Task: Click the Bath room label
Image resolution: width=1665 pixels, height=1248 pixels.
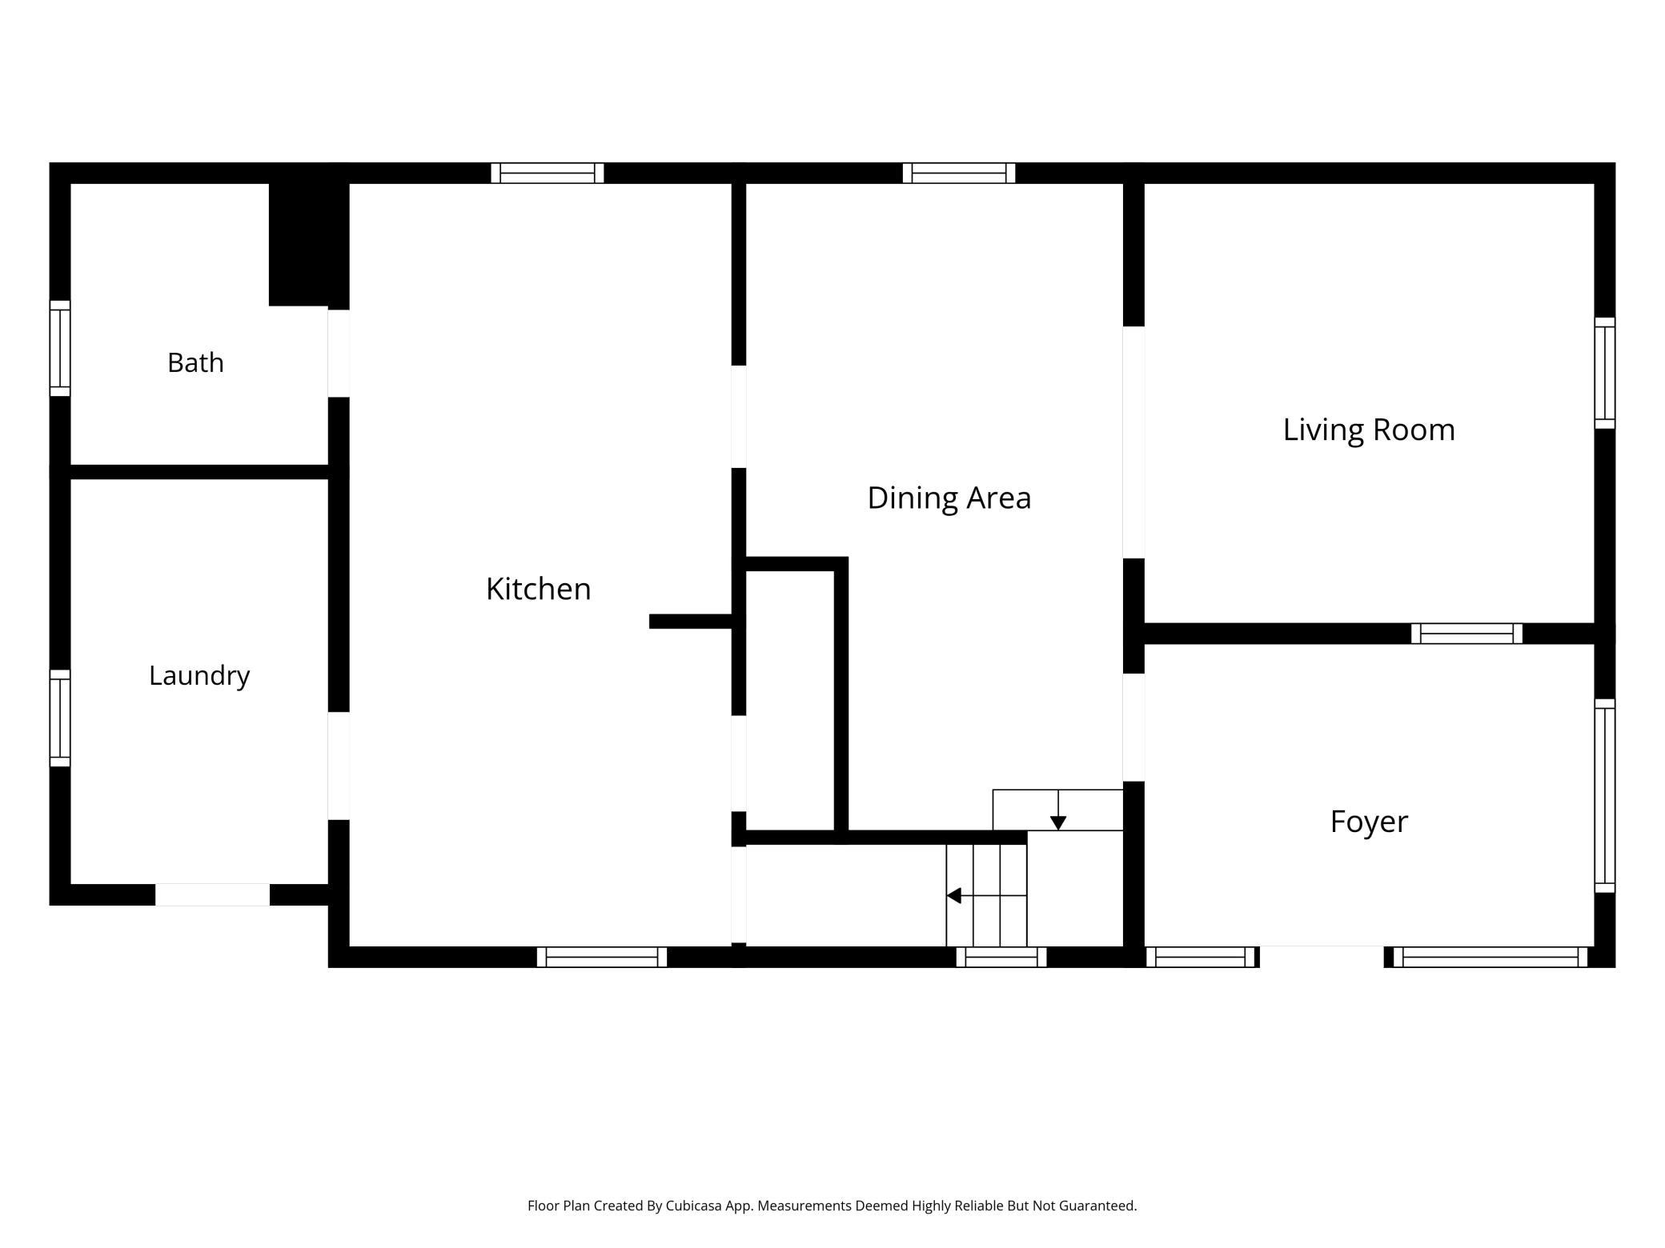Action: tap(195, 363)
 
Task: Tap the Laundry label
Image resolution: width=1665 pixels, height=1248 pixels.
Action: tap(199, 676)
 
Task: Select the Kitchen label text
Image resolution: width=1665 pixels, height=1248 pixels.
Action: tap(539, 590)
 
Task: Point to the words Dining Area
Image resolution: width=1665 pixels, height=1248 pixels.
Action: tap(949, 498)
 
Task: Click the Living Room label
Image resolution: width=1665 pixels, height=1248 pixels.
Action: tap(1369, 430)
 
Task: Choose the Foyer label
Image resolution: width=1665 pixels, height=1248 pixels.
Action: tap(1369, 822)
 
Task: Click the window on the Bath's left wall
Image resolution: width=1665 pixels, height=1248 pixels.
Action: tap(60, 348)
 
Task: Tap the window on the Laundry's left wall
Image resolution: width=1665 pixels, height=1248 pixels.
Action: tap(60, 718)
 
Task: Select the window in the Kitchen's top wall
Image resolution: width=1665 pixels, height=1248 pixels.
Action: tap(548, 173)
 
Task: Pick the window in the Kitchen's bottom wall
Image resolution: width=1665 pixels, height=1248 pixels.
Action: tap(602, 957)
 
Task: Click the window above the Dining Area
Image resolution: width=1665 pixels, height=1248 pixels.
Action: tap(959, 173)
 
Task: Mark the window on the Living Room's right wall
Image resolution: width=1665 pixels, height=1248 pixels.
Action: tap(1605, 373)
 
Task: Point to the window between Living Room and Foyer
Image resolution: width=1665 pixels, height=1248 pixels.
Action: tap(1466, 634)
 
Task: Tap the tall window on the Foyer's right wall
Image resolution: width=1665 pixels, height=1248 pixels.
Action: tap(1605, 795)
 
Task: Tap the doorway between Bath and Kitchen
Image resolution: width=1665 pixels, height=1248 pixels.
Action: tap(339, 353)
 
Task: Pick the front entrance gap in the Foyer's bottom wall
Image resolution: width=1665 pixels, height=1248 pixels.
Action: tap(1322, 957)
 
